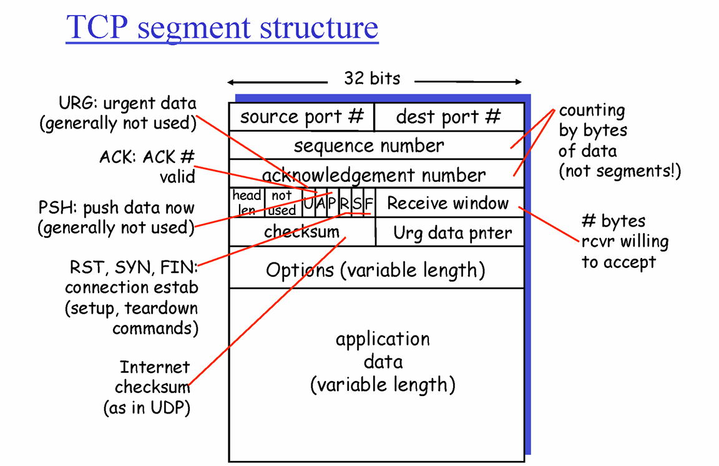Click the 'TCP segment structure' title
click(222, 27)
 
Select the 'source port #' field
click(301, 117)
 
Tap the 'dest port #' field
click(448, 117)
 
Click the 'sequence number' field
click(369, 146)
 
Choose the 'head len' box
click(247, 202)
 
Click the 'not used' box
click(283, 202)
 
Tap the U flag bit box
click(308, 203)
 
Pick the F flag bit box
click(369, 203)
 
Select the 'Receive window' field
click(448, 203)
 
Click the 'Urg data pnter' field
click(452, 233)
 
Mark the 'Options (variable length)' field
click(375, 270)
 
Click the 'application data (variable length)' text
click(383, 361)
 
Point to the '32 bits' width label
click(372, 79)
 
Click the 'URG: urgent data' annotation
click(119, 113)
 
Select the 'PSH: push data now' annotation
click(115, 217)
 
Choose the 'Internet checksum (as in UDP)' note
click(146, 387)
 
